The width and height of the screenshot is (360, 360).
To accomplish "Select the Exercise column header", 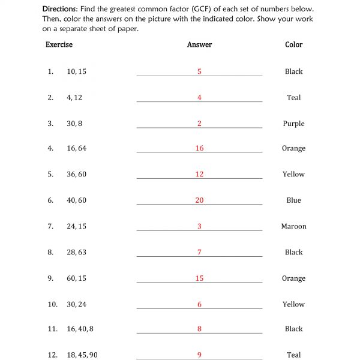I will (x=59, y=45).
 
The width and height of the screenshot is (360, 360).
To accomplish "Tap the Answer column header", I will (x=199, y=45).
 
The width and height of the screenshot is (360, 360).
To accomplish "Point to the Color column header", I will (x=293, y=45).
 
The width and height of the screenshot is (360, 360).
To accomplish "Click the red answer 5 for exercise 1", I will (x=199, y=72).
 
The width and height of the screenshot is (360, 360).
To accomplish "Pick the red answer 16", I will (x=199, y=148).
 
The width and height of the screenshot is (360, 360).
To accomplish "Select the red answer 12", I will (x=199, y=175).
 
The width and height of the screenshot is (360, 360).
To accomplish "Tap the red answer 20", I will (x=199, y=200).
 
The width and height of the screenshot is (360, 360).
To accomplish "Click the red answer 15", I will (x=199, y=278).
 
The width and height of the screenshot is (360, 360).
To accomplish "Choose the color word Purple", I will (x=293, y=124).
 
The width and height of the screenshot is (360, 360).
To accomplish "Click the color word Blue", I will (x=293, y=200).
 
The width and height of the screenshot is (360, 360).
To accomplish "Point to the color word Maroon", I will (x=293, y=227).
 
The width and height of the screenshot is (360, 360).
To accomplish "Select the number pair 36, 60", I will (x=76, y=175).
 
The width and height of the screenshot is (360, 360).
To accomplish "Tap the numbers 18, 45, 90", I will (x=82, y=355).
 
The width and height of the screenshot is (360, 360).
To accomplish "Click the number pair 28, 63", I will (x=76, y=253).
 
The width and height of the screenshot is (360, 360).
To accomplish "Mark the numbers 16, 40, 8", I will (x=80, y=329).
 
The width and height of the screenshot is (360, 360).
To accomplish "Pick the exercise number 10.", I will (x=52, y=305).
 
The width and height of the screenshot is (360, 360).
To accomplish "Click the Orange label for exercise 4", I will (x=293, y=148).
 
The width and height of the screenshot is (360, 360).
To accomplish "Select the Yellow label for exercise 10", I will (x=293, y=305).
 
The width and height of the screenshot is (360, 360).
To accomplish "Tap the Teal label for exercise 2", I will (x=293, y=98).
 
